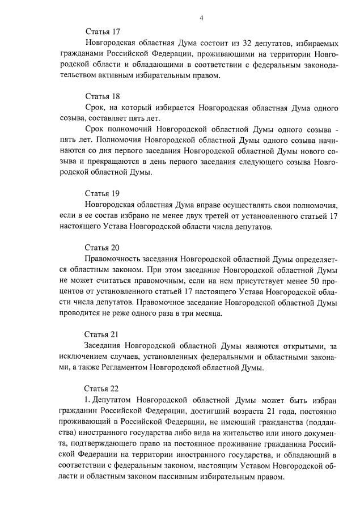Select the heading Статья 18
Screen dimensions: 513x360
102,96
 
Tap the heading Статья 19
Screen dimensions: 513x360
102,193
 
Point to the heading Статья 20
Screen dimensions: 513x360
102,247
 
